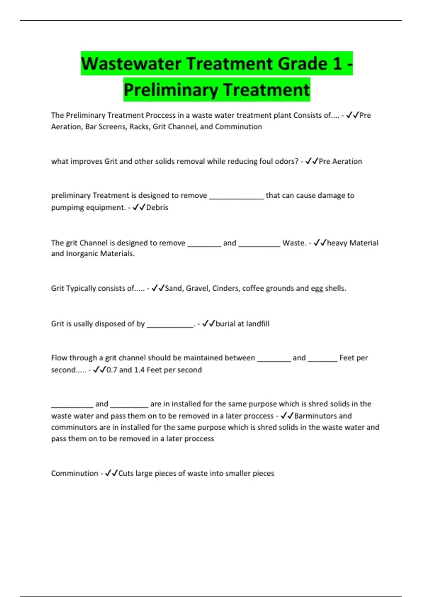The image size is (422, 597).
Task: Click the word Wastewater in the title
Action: point(131,64)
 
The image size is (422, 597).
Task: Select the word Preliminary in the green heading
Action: point(171,90)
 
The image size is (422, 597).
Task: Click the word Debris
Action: point(157,208)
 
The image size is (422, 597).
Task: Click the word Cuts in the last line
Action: point(126,473)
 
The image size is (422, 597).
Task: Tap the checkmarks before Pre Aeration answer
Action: point(312,162)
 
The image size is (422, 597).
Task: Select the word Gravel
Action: point(198,288)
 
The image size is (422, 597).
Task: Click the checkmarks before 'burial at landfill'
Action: point(209,324)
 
